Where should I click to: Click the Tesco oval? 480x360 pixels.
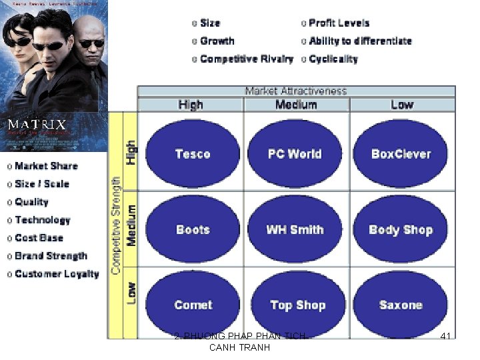192,154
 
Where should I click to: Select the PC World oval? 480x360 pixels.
295,154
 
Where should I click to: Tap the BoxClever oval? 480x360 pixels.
401,154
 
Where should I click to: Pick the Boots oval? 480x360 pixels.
192,229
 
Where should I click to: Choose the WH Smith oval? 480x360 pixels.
295,229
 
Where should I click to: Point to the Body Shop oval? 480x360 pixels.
401,229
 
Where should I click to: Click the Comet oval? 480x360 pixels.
192,305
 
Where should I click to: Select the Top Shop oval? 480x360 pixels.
297,305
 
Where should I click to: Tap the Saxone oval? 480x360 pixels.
401,305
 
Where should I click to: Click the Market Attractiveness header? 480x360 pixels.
296,91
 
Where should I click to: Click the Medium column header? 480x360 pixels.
296,105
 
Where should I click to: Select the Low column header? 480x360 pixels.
402,105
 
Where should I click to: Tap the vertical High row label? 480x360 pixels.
131,153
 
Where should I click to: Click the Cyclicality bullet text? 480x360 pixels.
333,59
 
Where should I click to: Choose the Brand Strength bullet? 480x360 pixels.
51,256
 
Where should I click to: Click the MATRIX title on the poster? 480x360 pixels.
37,124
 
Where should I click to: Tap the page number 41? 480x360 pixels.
446,337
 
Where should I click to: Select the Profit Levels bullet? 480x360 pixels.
339,23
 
